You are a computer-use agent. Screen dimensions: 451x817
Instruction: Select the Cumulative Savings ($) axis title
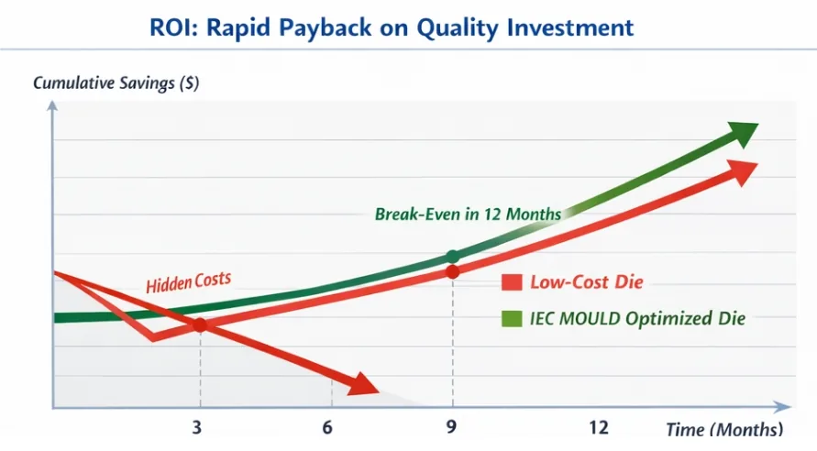(116, 83)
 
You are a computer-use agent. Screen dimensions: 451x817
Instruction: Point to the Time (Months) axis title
(724, 429)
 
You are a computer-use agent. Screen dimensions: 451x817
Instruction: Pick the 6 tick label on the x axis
(327, 427)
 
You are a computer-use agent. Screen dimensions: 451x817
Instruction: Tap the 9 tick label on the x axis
(452, 427)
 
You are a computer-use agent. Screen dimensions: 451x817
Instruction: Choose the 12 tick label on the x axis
(599, 427)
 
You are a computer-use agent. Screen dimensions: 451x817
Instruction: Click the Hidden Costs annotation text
(188, 281)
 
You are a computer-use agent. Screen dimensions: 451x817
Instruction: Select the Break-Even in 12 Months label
(468, 214)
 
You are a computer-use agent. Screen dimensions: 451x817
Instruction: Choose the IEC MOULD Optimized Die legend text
(636, 319)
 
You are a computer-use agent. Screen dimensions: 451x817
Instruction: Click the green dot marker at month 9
(452, 256)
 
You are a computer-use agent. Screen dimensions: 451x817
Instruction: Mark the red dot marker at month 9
(452, 272)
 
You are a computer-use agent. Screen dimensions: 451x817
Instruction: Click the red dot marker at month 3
(199, 324)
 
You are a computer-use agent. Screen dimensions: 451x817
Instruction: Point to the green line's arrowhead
(743, 134)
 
